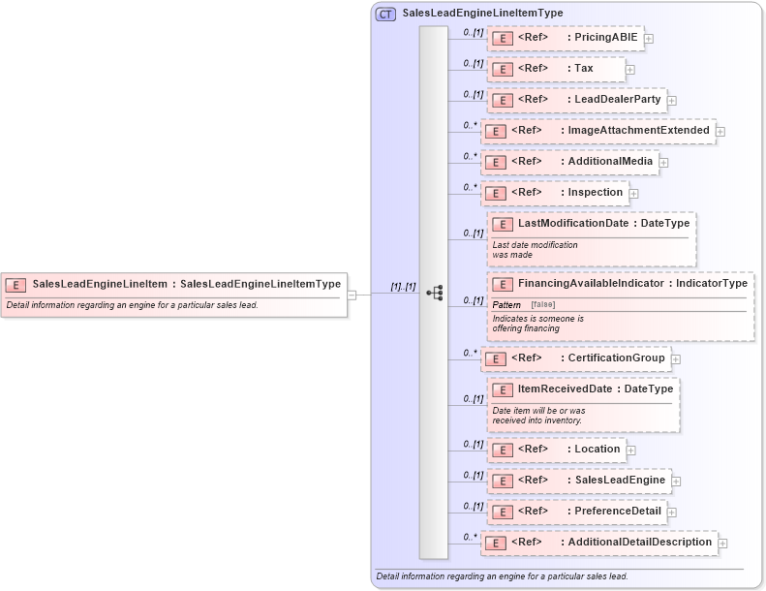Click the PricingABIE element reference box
(565, 38)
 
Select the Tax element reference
(556, 69)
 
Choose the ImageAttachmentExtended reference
(597, 131)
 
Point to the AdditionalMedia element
(570, 162)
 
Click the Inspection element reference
(555, 193)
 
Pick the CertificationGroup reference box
(575, 358)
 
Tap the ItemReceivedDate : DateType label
(595, 389)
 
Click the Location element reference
(557, 450)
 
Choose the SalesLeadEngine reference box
(578, 481)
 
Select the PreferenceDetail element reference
(576, 512)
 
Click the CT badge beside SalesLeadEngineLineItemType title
(385, 14)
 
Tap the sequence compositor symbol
(434, 292)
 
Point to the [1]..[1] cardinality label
(403, 287)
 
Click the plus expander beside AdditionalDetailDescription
(722, 544)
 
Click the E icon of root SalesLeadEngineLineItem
(15, 285)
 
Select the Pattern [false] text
(522, 304)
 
